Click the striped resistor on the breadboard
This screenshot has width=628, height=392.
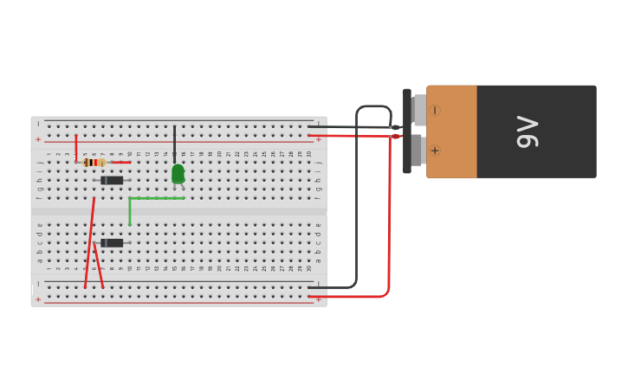[x=94, y=162]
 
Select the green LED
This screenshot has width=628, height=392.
[x=178, y=174]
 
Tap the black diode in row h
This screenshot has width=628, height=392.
[x=112, y=180]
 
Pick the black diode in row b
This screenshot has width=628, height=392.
[x=112, y=243]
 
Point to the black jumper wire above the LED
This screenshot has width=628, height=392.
[x=174, y=144]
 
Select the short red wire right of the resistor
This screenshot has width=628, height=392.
[x=121, y=162]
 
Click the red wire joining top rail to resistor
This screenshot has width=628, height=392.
[x=76, y=147]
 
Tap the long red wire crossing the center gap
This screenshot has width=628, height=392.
[x=89, y=242]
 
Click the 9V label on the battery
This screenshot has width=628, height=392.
[x=528, y=132]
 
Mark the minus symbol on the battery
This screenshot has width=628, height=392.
[x=434, y=110]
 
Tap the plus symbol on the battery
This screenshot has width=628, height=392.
[x=434, y=151]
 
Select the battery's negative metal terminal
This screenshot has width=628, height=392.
[x=420, y=110]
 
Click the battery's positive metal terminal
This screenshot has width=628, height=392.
[x=417, y=150]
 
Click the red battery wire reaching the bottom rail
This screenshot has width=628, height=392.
[x=389, y=225]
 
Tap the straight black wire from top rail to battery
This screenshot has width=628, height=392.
[x=346, y=126]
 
